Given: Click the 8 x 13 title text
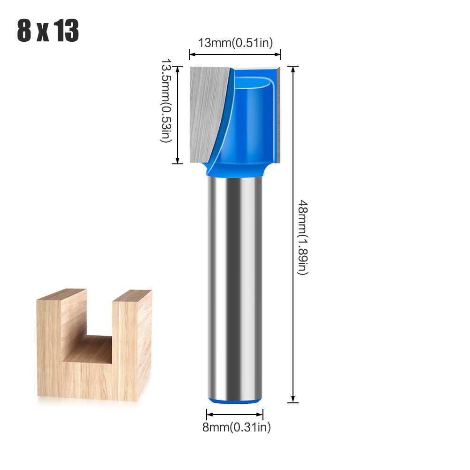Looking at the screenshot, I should click(48, 31).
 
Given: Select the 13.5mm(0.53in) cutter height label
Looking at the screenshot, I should click(166, 100).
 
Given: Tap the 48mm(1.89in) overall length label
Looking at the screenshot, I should click(303, 237).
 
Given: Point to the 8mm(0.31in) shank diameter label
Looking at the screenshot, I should click(236, 427).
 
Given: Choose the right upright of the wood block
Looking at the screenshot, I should click(131, 347).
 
